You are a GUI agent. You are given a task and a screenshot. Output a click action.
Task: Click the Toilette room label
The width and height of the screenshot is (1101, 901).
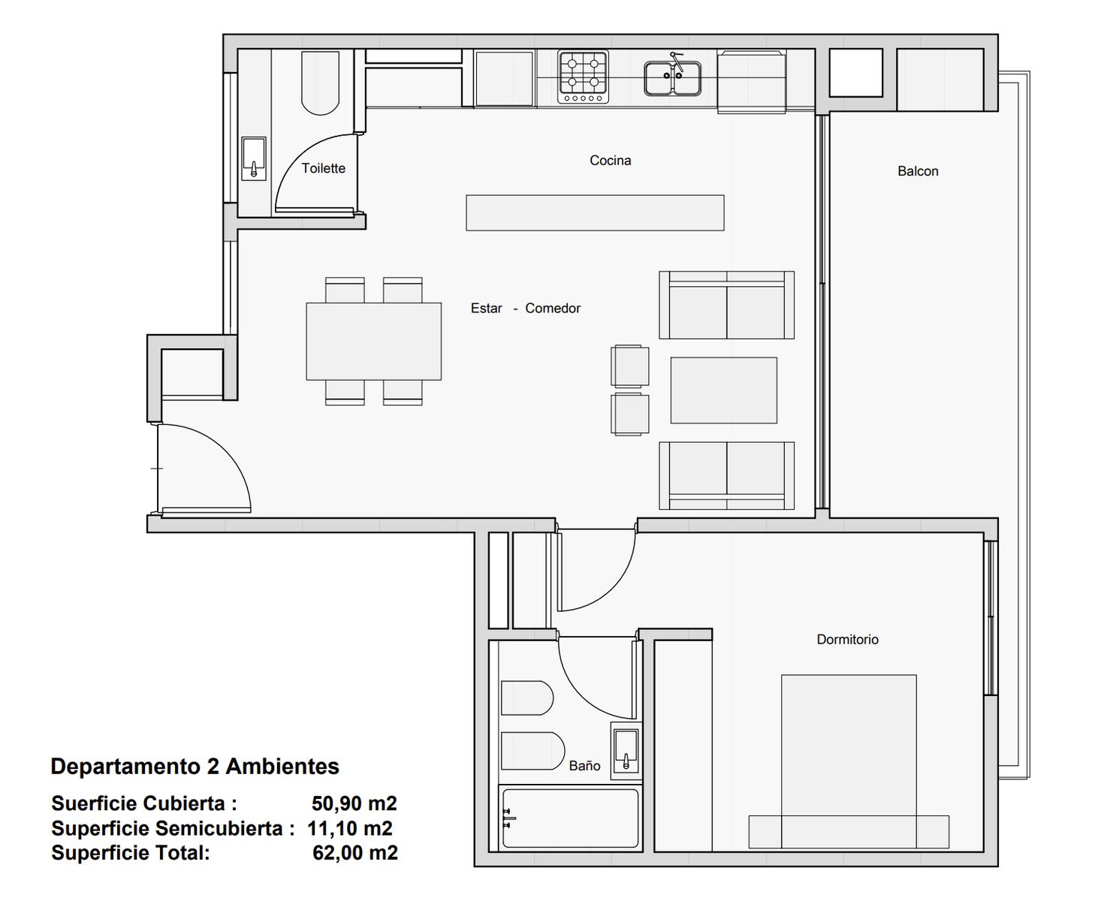[323, 168]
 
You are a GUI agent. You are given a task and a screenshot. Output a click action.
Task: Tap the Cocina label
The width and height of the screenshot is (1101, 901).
[611, 160]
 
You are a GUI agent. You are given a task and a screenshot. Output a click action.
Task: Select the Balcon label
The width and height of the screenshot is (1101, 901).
[918, 171]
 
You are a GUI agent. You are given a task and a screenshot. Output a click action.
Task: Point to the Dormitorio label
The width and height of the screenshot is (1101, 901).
[847, 640]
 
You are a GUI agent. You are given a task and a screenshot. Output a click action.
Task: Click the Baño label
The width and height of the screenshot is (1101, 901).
[584, 765]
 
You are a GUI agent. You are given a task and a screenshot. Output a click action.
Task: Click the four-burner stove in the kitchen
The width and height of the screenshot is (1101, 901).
[583, 77]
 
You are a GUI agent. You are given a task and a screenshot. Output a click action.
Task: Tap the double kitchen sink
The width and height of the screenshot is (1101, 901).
[672, 78]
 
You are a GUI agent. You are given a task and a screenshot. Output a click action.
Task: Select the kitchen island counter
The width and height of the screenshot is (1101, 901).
[595, 213]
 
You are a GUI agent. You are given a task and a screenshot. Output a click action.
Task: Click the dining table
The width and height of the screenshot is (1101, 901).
[373, 342]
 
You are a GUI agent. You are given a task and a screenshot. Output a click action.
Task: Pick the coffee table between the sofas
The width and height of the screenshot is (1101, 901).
[723, 390]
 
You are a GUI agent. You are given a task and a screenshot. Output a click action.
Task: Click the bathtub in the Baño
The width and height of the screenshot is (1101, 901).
[569, 818]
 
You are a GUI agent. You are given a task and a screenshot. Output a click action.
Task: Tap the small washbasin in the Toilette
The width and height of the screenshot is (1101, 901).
[254, 158]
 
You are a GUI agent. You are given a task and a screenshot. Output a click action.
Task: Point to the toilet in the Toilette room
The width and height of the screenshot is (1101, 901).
[320, 83]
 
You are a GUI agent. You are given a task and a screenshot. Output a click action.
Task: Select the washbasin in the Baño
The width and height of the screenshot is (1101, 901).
[626, 751]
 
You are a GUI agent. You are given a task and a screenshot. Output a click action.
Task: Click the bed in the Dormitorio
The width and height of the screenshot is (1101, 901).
[849, 761]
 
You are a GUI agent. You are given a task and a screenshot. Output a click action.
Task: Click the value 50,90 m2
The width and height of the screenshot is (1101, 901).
[354, 803]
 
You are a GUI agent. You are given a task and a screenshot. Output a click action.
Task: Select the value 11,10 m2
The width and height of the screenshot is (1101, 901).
[350, 828]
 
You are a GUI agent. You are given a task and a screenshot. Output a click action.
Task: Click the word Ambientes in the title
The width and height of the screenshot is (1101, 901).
[282, 767]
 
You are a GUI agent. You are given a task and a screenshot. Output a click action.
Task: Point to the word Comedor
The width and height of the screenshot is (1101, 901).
[552, 309]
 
